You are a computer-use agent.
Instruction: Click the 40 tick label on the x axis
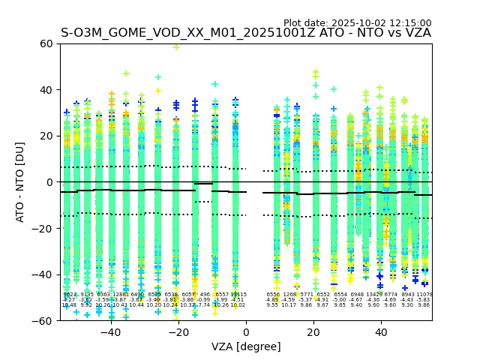click(381, 332)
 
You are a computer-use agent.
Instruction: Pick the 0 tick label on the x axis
click(246, 332)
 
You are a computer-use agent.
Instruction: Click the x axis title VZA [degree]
click(245, 346)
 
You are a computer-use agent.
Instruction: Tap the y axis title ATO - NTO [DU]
click(20, 182)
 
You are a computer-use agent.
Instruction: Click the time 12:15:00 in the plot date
click(411, 23)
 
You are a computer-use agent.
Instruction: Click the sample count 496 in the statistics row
click(205, 295)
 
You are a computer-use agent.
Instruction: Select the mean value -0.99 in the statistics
click(204, 300)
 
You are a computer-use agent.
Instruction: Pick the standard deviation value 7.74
click(204, 305)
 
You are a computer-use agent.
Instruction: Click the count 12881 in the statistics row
click(120, 295)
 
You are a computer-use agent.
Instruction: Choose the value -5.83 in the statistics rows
click(424, 300)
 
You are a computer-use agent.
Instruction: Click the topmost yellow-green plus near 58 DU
click(176, 47)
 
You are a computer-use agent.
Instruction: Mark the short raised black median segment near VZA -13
click(203, 184)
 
